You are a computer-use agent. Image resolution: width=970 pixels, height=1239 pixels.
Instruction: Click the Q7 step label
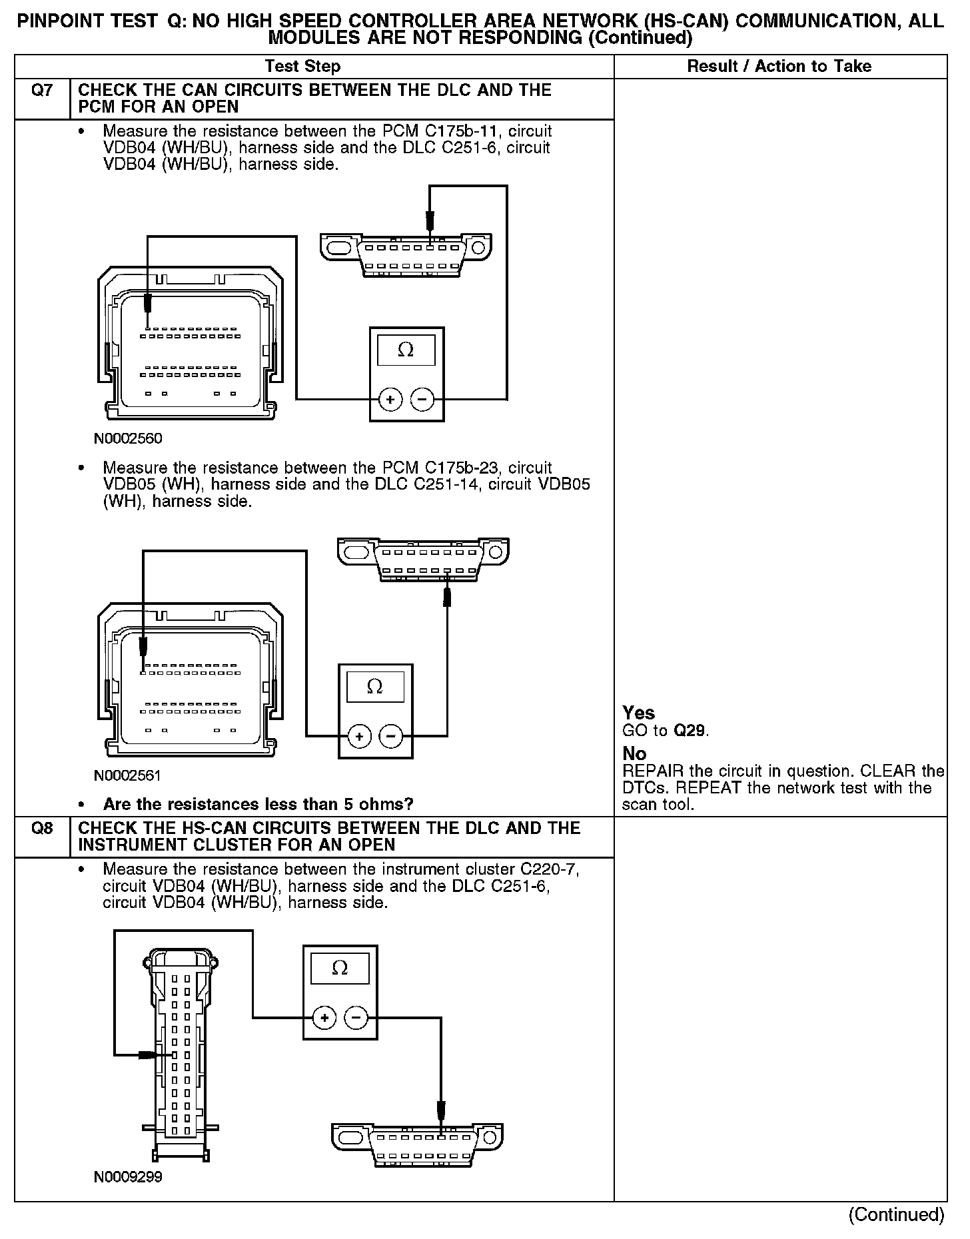coord(41,91)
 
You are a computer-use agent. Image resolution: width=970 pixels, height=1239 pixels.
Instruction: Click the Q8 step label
coord(41,829)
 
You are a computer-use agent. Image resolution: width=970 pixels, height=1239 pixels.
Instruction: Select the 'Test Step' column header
coord(302,66)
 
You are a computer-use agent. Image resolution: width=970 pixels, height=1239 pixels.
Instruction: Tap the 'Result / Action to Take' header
coord(779,66)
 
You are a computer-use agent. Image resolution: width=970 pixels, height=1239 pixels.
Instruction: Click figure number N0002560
coord(128,439)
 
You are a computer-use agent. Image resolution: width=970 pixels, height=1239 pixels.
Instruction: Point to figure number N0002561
coord(128,776)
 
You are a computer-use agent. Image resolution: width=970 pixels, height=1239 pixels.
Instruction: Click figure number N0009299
coord(128,1177)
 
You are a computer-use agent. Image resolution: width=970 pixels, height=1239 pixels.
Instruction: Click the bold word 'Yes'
coord(638,713)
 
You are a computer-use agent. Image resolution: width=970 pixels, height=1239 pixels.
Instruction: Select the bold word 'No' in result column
coord(634,753)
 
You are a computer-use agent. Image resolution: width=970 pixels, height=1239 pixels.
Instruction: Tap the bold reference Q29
coord(689,731)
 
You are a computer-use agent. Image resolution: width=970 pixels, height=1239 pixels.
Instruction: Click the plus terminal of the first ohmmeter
coord(390,400)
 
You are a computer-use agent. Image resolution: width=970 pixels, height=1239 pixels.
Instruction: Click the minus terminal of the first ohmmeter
coord(422,400)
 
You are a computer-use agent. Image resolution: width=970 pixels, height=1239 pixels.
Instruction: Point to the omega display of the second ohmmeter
coord(374,687)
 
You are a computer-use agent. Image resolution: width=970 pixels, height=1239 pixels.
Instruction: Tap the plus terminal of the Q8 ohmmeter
coord(324,1018)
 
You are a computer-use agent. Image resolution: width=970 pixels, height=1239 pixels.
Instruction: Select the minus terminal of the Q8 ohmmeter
coord(356,1018)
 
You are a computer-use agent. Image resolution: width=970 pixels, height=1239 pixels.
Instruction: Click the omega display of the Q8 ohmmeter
coord(340,968)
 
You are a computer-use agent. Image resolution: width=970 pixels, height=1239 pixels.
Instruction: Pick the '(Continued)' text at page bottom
coord(896,1214)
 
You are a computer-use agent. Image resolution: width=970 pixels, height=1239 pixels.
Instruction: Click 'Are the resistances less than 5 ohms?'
coord(258,804)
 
